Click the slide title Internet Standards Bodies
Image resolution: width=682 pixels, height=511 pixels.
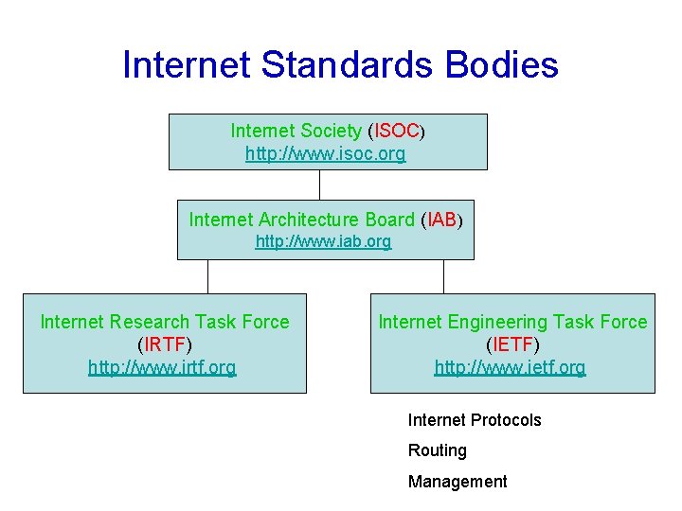[340, 64]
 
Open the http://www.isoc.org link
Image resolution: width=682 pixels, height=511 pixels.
[325, 153]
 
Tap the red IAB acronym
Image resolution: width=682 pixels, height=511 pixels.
[441, 220]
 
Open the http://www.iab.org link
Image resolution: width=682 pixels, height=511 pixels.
[323, 241]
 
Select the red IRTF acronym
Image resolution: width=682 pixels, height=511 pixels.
[165, 344]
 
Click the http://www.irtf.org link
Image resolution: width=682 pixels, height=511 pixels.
[162, 367]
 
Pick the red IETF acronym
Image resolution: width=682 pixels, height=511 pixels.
[511, 344]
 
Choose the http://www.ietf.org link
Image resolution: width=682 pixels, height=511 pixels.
[510, 367]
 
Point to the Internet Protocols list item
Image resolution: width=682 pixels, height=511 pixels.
[475, 420]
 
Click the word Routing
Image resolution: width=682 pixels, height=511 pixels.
[437, 450]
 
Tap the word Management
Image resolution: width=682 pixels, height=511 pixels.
[458, 482]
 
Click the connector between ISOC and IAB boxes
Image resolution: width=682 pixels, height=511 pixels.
[321, 185]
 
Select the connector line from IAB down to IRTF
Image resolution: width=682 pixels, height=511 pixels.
[207, 276]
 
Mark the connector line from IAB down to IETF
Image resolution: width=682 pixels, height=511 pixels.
[443, 276]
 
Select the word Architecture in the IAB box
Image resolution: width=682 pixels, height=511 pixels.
[311, 220]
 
